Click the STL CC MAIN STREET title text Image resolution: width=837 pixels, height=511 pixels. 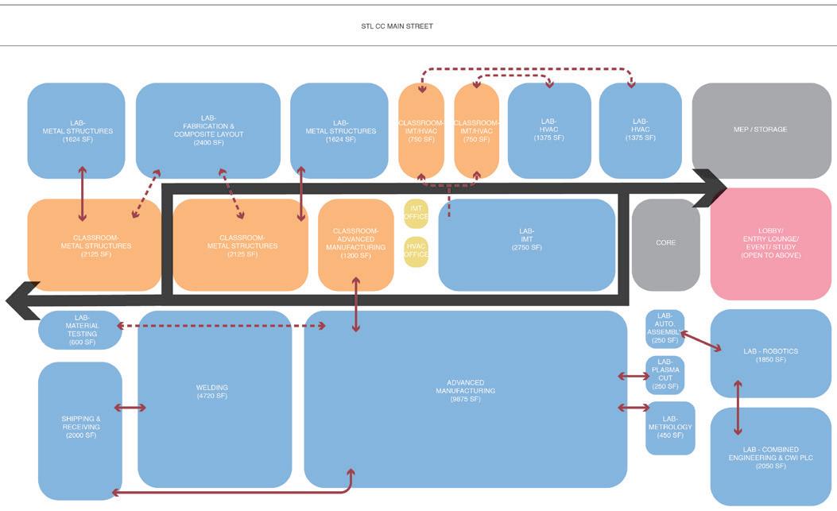coord(397,26)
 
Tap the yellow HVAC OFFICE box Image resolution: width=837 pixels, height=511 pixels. coord(415,249)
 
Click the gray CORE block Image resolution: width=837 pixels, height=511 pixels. coord(665,243)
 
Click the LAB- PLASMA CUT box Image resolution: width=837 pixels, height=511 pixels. coord(665,374)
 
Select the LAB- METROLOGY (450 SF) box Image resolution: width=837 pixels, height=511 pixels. coord(670,428)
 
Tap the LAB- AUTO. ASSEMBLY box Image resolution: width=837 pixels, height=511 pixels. coord(665,328)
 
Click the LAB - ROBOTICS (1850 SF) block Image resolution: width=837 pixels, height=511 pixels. coord(770,354)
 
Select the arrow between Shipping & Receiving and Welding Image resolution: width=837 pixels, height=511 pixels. coord(130,408)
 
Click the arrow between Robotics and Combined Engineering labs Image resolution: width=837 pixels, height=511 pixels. coord(738,408)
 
